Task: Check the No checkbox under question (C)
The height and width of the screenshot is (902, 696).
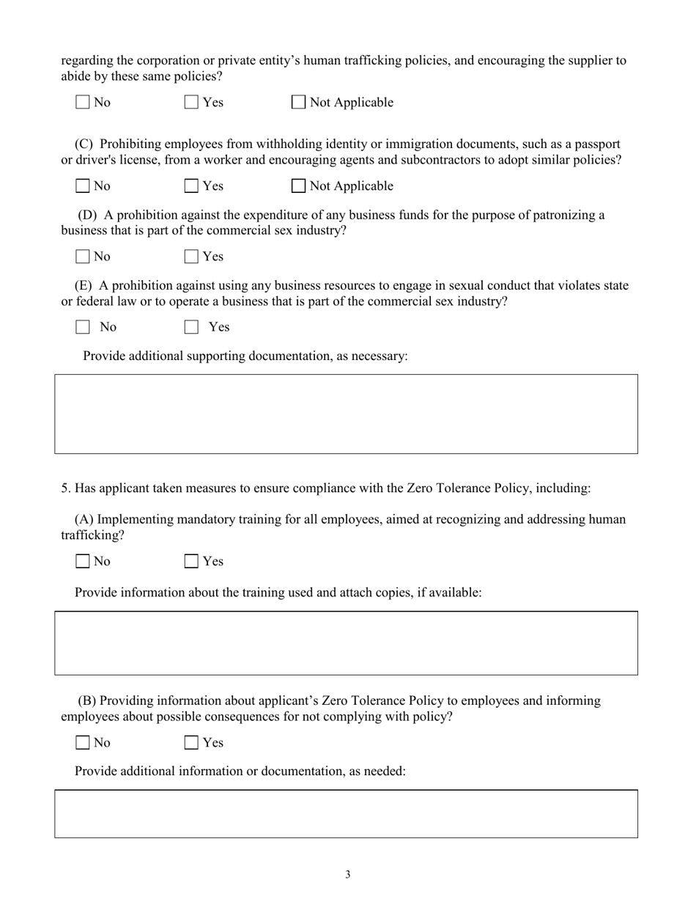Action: coord(84,186)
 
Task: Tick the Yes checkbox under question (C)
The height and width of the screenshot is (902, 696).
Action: coord(191,186)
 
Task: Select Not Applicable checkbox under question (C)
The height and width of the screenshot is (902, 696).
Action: coord(299,186)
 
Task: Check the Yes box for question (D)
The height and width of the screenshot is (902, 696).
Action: coord(191,257)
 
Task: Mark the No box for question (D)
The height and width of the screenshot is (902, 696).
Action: coord(84,257)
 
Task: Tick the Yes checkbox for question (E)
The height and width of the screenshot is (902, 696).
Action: coord(191,327)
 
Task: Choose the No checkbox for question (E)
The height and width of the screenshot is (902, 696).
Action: coord(84,327)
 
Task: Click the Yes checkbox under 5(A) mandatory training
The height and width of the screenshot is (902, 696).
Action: coord(191,562)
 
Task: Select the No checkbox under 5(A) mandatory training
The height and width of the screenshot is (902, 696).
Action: coord(84,562)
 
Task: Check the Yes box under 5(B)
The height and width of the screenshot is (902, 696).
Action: coord(191,743)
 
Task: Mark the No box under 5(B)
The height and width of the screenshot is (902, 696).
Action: coord(84,743)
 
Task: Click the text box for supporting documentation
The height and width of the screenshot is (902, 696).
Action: coord(346,414)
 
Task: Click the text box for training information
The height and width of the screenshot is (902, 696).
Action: coord(346,643)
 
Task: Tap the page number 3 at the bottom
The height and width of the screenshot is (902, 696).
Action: coord(348,874)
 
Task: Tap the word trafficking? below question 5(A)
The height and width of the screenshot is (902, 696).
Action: coord(92,535)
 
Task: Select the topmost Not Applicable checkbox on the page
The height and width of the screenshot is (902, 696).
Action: coord(299,103)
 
